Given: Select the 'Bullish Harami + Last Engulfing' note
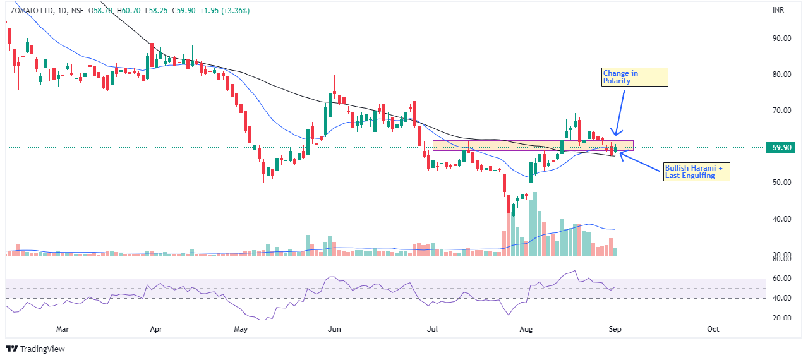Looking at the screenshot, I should [x=696, y=172].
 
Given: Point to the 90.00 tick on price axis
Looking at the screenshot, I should [x=782, y=38].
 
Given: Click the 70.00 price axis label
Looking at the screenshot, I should [x=782, y=111].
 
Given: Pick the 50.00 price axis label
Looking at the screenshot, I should [x=782, y=183].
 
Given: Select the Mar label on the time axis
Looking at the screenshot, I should [x=62, y=329].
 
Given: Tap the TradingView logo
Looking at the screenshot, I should [x=36, y=349].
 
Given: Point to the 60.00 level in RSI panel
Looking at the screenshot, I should [x=782, y=279].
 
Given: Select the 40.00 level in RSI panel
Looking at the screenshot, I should [x=782, y=298].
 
